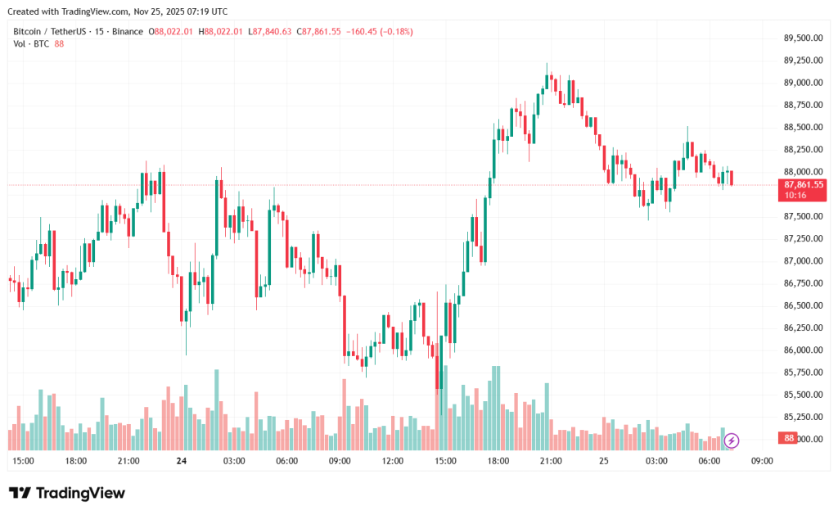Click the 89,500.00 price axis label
click(802, 38)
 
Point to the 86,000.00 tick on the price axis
click(802, 350)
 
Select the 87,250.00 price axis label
click(802, 238)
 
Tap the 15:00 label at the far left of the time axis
click(23, 461)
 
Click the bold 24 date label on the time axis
click(181, 461)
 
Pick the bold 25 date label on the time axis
click(604, 461)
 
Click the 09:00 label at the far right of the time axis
click(762, 461)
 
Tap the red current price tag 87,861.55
click(803, 185)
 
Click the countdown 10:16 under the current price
click(795, 196)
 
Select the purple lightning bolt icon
click(732, 440)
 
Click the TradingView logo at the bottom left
click(67, 493)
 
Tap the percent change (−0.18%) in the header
click(394, 31)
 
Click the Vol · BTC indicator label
click(31, 43)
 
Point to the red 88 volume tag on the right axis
click(789, 439)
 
